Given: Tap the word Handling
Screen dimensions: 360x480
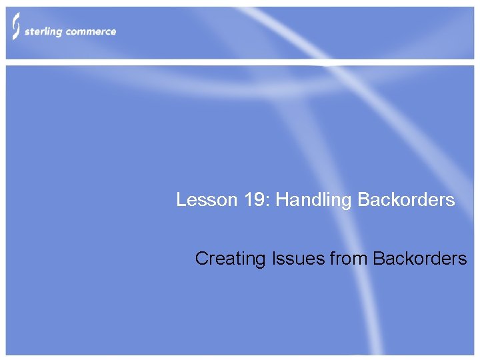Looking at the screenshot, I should (314, 200).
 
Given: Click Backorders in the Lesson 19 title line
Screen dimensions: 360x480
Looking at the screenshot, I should (406, 199).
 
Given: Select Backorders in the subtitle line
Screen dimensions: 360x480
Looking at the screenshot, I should (420, 258).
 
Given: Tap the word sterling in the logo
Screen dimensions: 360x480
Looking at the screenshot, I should (45, 32).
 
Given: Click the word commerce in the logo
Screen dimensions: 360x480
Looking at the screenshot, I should (91, 31).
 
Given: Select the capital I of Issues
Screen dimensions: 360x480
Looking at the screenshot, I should (275, 258).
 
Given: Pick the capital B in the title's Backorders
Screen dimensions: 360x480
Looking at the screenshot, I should (363, 199).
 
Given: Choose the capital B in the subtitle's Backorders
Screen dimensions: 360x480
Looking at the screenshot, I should (378, 258).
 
